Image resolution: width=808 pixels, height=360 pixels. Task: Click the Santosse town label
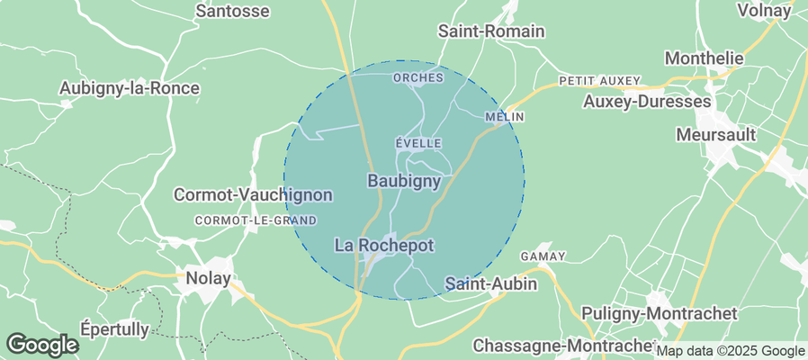tap(232, 12)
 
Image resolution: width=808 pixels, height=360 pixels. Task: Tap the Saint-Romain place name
tap(491, 31)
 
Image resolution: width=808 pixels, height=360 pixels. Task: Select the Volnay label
tap(764, 11)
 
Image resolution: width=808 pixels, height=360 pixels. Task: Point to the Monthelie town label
tap(704, 58)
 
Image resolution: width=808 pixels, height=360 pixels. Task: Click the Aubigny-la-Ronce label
tap(129, 88)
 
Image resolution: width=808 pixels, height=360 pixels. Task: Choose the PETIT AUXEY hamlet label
tap(598, 81)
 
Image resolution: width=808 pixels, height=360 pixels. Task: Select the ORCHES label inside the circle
tap(418, 78)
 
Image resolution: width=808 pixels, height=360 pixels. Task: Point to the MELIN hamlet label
tap(504, 117)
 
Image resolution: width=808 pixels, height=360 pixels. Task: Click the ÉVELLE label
tap(418, 143)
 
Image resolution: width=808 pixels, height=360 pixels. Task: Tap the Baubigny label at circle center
tap(404, 181)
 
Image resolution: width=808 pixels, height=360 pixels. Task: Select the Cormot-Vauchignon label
tap(253, 195)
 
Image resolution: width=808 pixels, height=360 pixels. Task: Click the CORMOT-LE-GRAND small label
tap(256, 220)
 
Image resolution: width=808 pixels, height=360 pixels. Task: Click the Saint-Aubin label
tap(491, 283)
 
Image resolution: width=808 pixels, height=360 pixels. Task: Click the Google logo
tap(41, 344)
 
